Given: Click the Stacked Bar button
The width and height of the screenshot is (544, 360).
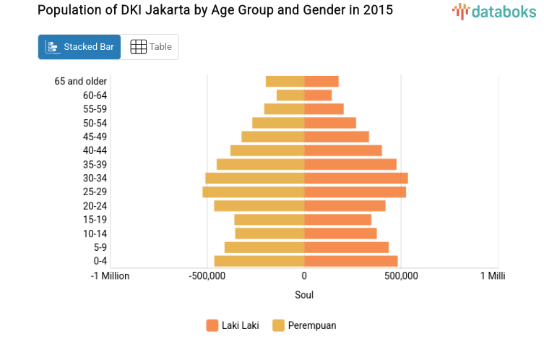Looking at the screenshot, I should pyautogui.click(x=79, y=47).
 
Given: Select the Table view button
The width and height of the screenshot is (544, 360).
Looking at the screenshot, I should pyautogui.click(x=150, y=47).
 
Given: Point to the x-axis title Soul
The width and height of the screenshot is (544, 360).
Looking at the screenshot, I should pyautogui.click(x=304, y=295).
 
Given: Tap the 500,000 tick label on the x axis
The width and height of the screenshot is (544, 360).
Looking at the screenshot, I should pyautogui.click(x=401, y=275).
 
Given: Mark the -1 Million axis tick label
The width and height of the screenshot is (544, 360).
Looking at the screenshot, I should pyautogui.click(x=110, y=275).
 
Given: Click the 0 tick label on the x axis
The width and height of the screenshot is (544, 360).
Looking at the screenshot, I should pyautogui.click(x=304, y=275).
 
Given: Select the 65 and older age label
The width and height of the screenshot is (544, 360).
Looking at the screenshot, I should pyautogui.click(x=81, y=81).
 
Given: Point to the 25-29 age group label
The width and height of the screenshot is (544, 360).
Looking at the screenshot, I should pyautogui.click(x=95, y=192).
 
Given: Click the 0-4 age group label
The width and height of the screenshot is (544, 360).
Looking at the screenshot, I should pyautogui.click(x=100, y=260).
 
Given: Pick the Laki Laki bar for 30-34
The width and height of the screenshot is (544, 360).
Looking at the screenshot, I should pyautogui.click(x=355, y=178).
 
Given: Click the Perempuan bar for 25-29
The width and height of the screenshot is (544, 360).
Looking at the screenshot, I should pyautogui.click(x=254, y=192).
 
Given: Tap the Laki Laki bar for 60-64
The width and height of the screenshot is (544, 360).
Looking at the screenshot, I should pyautogui.click(x=318, y=95).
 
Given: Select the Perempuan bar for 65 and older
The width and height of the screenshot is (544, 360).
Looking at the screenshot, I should pyautogui.click(x=285, y=81).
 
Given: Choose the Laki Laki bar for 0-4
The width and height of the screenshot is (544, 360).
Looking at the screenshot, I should pyautogui.click(x=350, y=260).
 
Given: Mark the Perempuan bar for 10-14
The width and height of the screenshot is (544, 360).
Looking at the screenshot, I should pyautogui.click(x=269, y=233).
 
